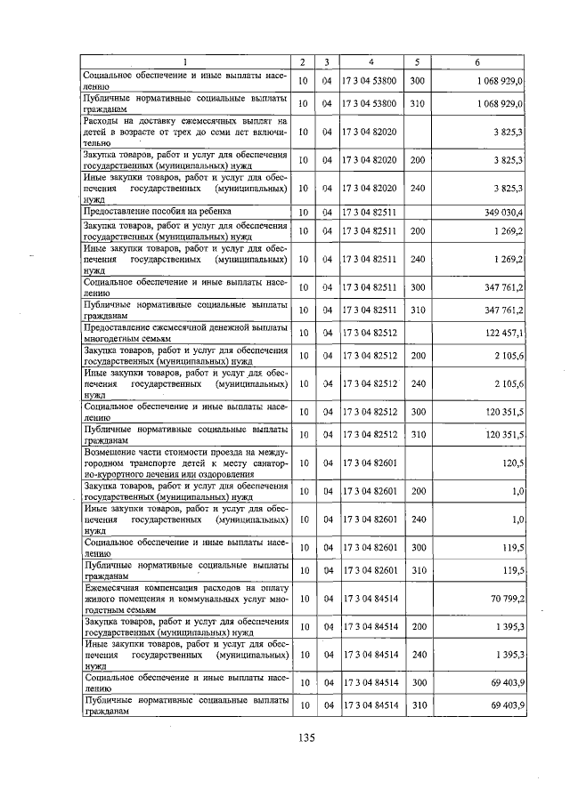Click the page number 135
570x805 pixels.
[307, 737]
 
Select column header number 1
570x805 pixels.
[185, 61]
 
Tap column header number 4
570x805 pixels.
[371, 61]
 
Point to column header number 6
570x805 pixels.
[477, 61]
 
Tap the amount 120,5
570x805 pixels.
[512, 463]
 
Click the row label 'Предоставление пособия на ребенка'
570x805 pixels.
[157, 212]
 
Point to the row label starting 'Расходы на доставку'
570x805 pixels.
[185, 132]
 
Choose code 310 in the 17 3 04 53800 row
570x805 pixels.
[417, 103]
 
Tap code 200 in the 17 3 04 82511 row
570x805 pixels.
[417, 231]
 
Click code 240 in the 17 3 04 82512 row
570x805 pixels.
[417, 383]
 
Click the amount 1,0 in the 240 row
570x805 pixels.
[517, 518]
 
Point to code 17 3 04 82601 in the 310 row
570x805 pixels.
[371, 570]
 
